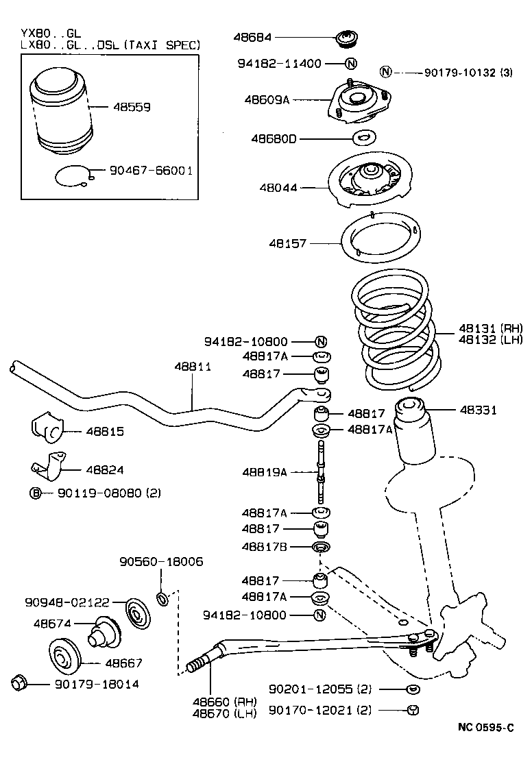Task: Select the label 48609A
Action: pyautogui.click(x=267, y=99)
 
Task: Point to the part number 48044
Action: pyautogui.click(x=274, y=186)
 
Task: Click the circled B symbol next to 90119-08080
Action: pyautogui.click(x=35, y=493)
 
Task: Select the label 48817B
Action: pyautogui.click(x=265, y=546)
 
